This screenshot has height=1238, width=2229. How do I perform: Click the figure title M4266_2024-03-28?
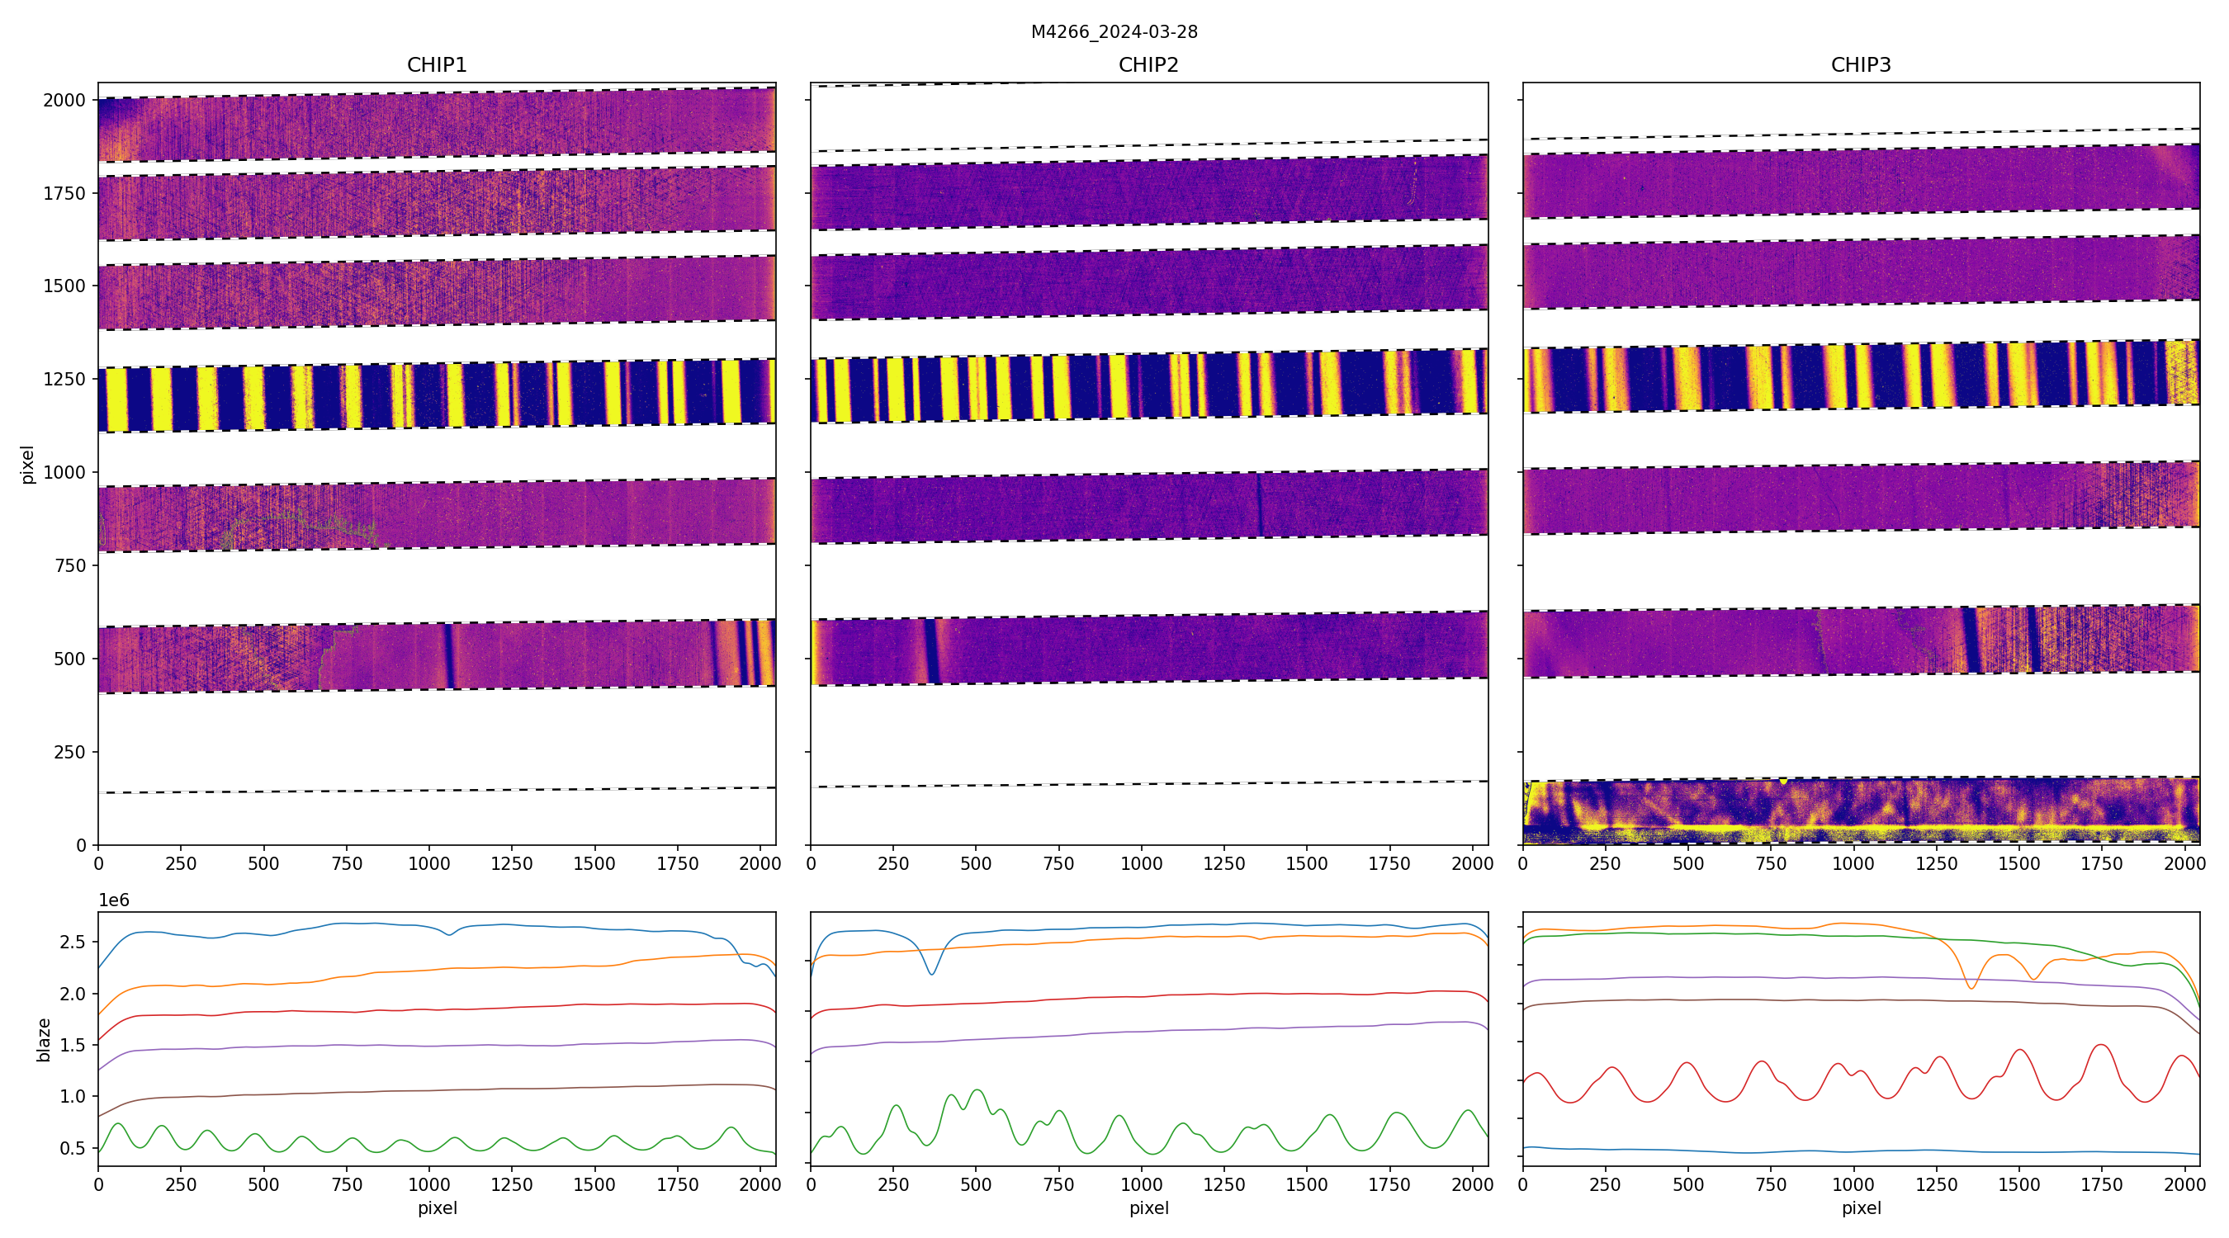[x=1114, y=32]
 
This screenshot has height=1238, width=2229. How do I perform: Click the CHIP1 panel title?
[x=436, y=65]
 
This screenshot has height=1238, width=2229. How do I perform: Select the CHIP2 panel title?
[x=1148, y=65]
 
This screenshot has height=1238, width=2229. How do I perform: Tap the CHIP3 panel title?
[x=1860, y=65]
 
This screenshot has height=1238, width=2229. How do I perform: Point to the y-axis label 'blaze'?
[x=43, y=1040]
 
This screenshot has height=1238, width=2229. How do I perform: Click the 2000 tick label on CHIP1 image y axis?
[x=65, y=101]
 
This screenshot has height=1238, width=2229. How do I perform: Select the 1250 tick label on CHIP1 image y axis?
[x=65, y=379]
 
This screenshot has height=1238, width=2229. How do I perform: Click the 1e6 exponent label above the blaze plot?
[x=113, y=900]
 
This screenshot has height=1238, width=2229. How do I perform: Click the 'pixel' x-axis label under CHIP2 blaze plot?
[x=1148, y=1207]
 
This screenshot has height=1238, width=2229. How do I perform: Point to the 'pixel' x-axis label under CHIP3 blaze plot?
[x=1860, y=1207]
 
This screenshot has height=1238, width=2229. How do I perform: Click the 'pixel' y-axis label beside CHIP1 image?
[x=28, y=465]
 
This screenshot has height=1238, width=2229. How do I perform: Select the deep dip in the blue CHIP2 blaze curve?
[x=932, y=973]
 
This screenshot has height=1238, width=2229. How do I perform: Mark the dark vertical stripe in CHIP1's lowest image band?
[x=448, y=656]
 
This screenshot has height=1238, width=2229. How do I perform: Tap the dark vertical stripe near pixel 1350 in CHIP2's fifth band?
[x=1259, y=504]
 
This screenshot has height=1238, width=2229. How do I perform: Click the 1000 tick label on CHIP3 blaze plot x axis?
[x=1853, y=1184]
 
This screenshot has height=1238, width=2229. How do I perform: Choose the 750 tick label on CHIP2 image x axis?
[x=1058, y=863]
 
